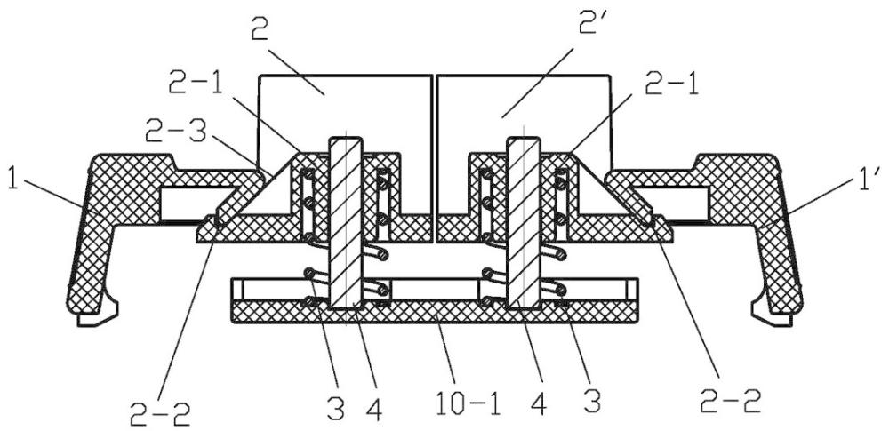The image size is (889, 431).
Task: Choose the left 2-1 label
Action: point(196,87)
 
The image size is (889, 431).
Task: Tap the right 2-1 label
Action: point(670,87)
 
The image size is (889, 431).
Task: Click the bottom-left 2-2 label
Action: point(160,414)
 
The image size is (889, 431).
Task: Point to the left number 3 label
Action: point(336,406)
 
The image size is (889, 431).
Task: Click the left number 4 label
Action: point(372,408)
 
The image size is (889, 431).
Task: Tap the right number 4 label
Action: point(541,403)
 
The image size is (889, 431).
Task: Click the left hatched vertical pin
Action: point(345,223)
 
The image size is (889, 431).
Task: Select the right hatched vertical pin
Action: point(525,223)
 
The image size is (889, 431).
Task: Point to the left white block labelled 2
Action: point(345,114)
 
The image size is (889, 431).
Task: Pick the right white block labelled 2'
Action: point(524,114)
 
